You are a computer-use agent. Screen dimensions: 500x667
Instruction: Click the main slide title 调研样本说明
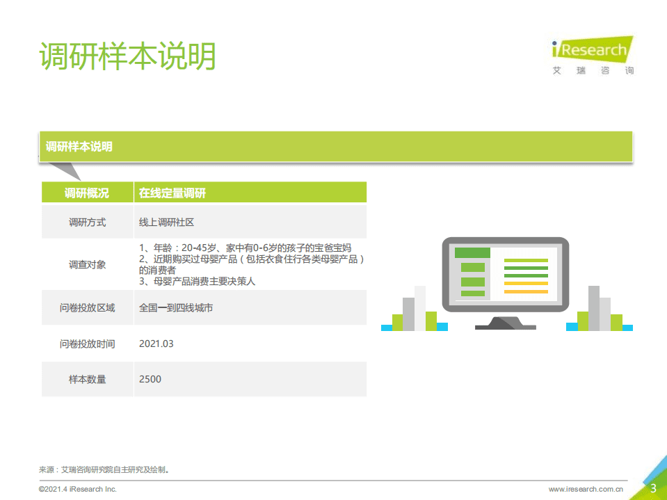coord(127,56)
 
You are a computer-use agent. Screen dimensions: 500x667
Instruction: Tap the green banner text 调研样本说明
coord(79,147)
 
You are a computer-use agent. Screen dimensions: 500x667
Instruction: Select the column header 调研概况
coord(87,193)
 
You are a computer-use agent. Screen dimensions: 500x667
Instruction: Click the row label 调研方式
coord(87,223)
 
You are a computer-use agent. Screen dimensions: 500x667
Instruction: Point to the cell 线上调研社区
coord(166,223)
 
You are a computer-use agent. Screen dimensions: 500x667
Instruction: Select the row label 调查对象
coord(87,264)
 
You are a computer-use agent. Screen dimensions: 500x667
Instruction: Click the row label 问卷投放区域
coord(87,307)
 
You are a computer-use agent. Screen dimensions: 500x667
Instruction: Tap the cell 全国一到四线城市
coord(176,307)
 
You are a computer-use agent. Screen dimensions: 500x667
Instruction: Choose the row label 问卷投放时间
coord(87,344)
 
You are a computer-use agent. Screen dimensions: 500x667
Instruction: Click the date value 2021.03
coord(156,344)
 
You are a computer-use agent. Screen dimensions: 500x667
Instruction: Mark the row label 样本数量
coord(87,379)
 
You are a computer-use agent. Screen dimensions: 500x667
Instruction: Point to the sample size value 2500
coord(150,379)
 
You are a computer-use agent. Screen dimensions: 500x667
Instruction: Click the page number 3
coord(653,488)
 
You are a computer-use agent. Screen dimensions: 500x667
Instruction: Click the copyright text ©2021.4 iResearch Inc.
coord(77,490)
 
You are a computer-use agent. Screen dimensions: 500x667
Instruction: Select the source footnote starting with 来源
coord(104,469)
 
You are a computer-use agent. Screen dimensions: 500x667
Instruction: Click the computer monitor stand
coord(505,323)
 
